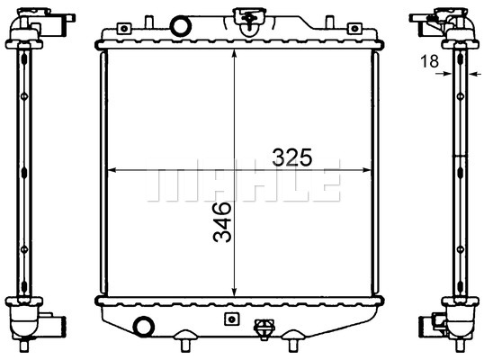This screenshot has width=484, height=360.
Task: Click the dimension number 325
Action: (x=292, y=157)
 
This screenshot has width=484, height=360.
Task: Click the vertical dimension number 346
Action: (x=222, y=222)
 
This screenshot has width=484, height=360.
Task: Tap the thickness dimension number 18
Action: (x=429, y=61)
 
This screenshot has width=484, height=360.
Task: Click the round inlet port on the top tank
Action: (x=181, y=26)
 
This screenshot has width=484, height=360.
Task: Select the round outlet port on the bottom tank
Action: (x=144, y=327)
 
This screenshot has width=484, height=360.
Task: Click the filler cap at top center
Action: (x=249, y=19)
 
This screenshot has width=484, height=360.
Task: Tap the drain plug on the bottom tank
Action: (x=264, y=329)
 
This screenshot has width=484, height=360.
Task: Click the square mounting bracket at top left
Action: (x=124, y=29)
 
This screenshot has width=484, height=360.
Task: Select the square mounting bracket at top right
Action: (x=354, y=29)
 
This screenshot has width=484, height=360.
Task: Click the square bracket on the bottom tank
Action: (x=232, y=319)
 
